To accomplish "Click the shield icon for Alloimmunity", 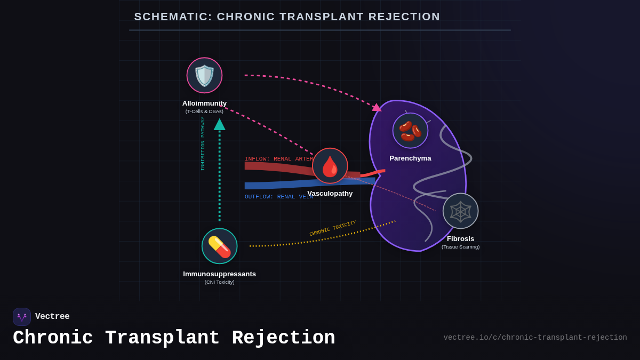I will pos(204,75).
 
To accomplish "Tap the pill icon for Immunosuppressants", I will pos(219,246).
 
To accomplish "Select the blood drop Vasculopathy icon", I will pos(330,166).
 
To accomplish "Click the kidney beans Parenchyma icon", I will pos(410,131).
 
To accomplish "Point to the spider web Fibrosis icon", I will pos(460,211).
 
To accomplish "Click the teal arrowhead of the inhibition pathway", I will pos(219,125).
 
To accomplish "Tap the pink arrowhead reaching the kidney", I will pos(377,108).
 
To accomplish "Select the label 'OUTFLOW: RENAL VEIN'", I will pos(278,197).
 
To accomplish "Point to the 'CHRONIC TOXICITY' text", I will pos(333,228).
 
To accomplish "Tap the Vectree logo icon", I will pos(22,317).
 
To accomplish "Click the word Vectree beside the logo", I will pos(52,317).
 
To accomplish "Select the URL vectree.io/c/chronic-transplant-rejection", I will pos(535,338).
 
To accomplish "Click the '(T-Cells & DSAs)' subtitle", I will pos(204,111).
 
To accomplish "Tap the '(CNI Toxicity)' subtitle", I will pos(219,282).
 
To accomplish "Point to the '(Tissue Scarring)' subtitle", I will pos(460,247).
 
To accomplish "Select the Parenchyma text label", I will pos(410,158).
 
